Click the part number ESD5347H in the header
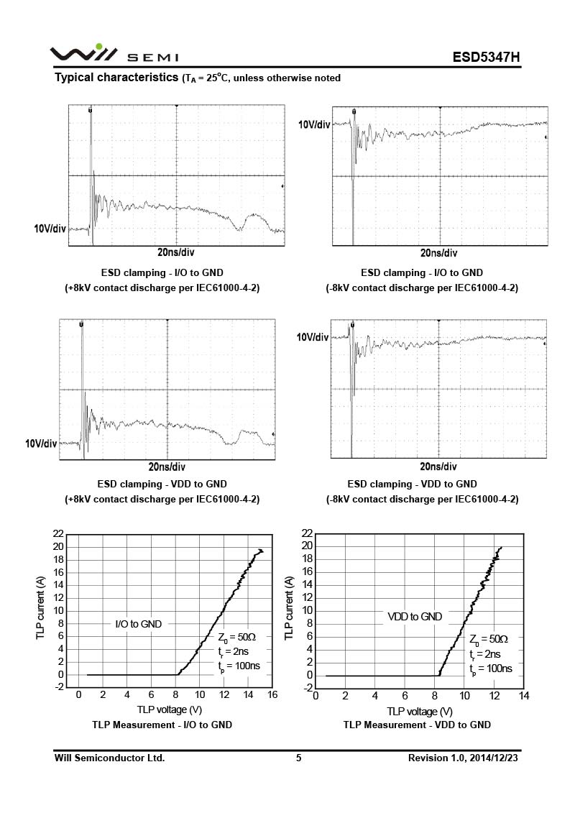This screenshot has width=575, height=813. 485,57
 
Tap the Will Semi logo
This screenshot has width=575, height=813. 114,54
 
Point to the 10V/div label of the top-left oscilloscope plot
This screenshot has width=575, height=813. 50,229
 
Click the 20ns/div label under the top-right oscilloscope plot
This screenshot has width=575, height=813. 438,253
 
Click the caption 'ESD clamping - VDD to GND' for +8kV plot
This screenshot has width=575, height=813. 162,484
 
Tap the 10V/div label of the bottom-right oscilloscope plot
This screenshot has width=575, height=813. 313,336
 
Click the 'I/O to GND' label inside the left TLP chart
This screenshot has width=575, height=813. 138,624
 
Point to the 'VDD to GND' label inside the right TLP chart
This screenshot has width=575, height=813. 415,616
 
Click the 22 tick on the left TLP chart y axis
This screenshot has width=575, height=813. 58,534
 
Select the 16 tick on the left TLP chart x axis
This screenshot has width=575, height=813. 272,694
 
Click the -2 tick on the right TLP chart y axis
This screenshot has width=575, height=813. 306,688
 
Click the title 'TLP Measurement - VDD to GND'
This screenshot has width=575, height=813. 417,725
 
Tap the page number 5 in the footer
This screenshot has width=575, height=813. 298,758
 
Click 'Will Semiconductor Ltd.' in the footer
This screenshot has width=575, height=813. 110,758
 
